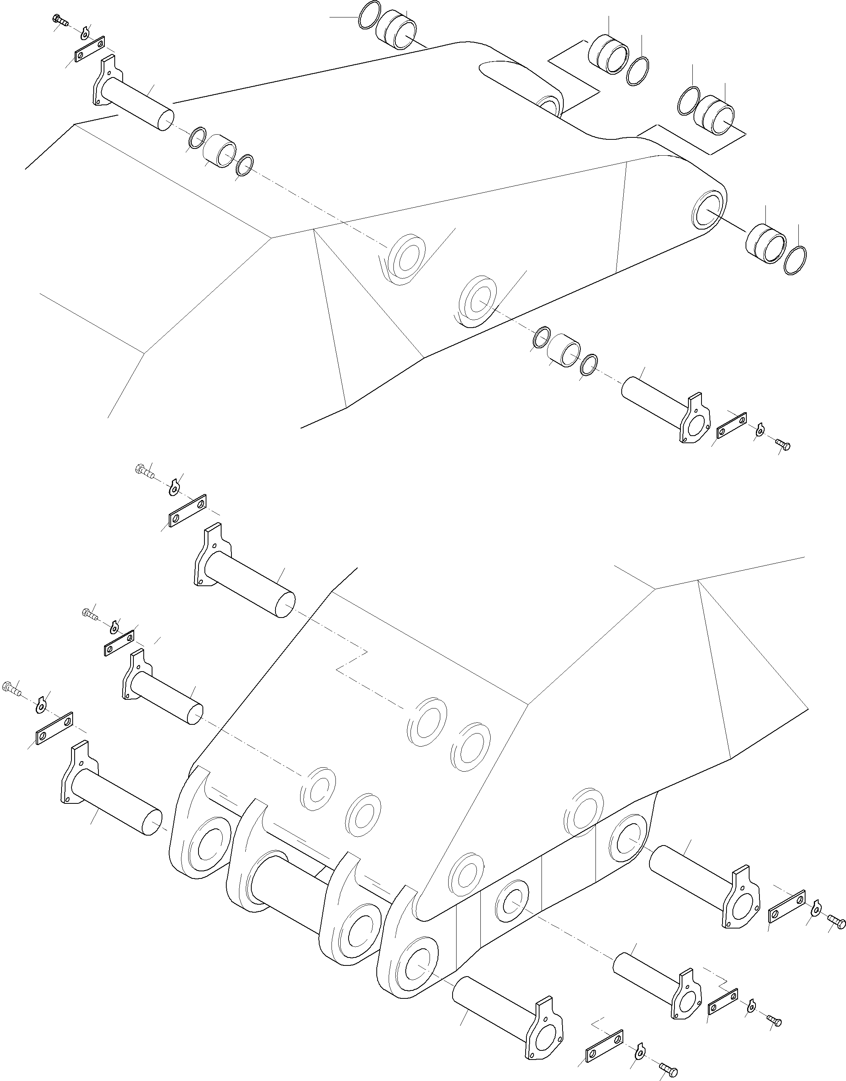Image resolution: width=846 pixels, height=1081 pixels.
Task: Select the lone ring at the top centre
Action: coord(370,15)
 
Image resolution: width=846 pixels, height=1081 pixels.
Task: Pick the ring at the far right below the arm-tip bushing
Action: coord(796,260)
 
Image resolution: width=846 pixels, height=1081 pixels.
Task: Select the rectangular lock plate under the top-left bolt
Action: coord(90,49)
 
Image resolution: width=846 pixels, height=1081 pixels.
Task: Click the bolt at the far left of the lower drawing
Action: coord(12,688)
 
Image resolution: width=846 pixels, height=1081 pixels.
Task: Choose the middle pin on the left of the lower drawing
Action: coord(164,691)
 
